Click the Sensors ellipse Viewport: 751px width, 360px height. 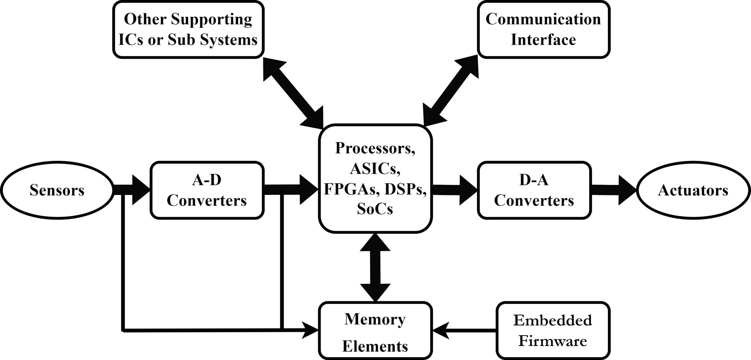pos(57,190)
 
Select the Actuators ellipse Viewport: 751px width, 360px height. pos(693,190)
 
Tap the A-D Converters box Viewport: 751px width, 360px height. pos(207,190)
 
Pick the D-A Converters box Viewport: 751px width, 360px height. pos(534,190)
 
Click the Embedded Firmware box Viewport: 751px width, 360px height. pos(553,330)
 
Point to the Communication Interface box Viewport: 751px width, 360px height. pos(543,29)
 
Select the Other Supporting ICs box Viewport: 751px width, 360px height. pos(188,29)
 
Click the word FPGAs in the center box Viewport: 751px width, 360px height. pos(345,189)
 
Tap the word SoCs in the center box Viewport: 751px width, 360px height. pos(375,209)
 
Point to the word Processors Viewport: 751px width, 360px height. pos(375,148)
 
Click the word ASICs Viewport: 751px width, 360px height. pos(375,169)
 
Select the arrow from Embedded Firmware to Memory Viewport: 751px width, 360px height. pos(464,330)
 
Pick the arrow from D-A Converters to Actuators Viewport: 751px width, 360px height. pos(614,190)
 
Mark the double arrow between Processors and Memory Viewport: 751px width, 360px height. pos(375,267)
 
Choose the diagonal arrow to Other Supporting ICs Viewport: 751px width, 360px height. pos(293,92)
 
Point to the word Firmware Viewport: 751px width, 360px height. pos(553,341)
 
